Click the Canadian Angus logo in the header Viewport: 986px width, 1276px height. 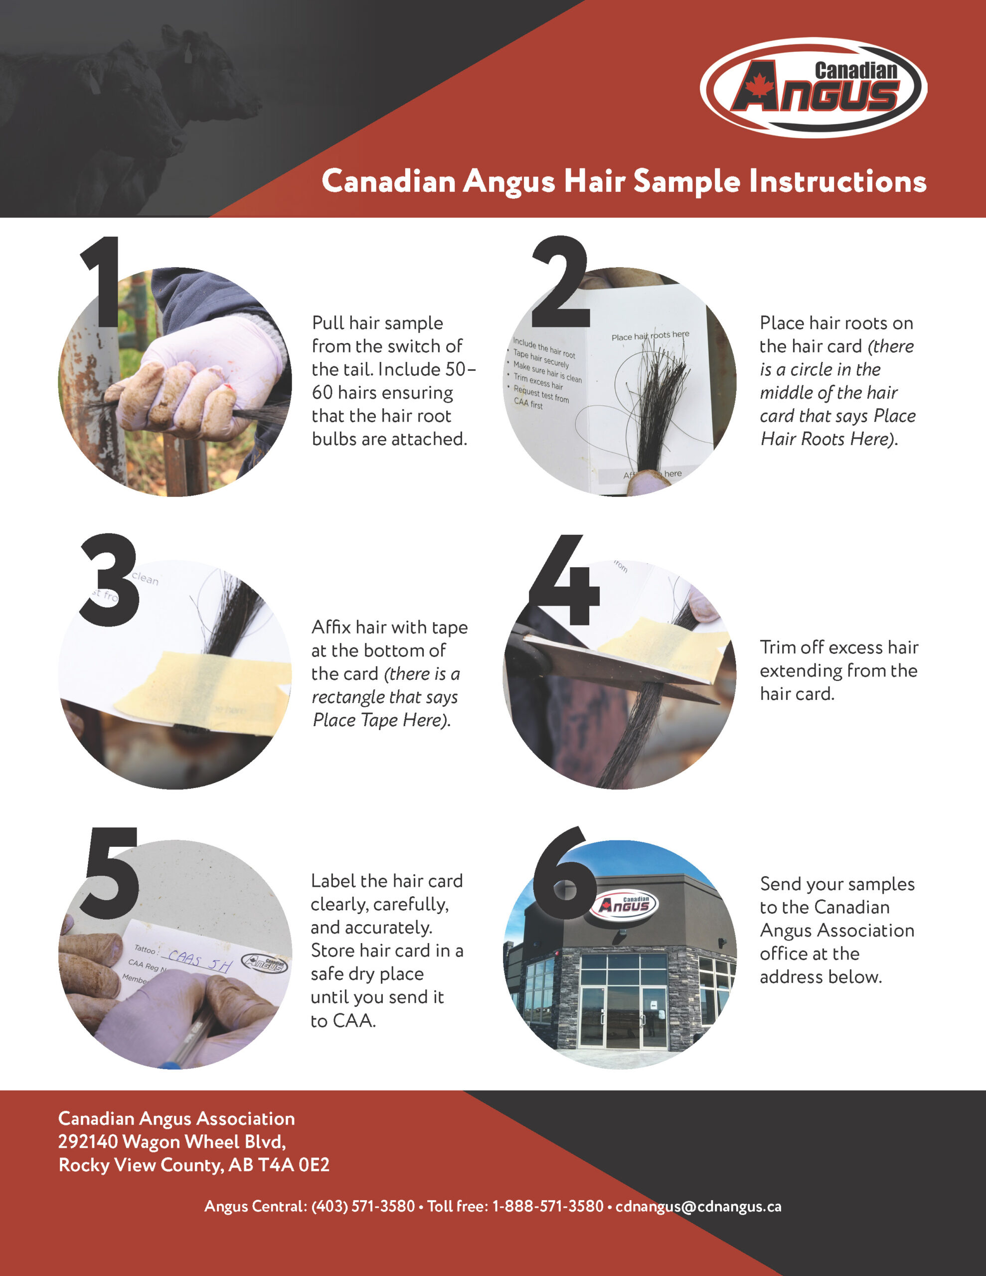813,88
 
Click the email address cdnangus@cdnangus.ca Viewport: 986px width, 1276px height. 698,1207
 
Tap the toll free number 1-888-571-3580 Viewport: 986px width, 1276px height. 548,1207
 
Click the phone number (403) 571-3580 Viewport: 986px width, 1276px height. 363,1207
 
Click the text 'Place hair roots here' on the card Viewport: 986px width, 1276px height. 650,336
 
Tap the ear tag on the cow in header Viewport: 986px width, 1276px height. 189,54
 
